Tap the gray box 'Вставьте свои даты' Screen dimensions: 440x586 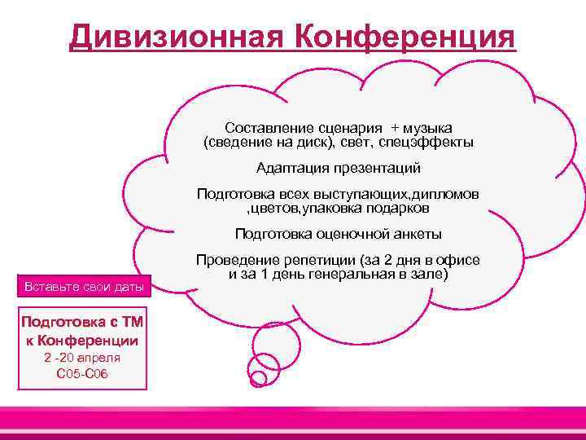point(85,286)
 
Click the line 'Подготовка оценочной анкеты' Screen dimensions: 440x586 point(338,234)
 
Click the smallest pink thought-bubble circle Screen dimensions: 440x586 point(257,378)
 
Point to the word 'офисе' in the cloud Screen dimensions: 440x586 point(461,260)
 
